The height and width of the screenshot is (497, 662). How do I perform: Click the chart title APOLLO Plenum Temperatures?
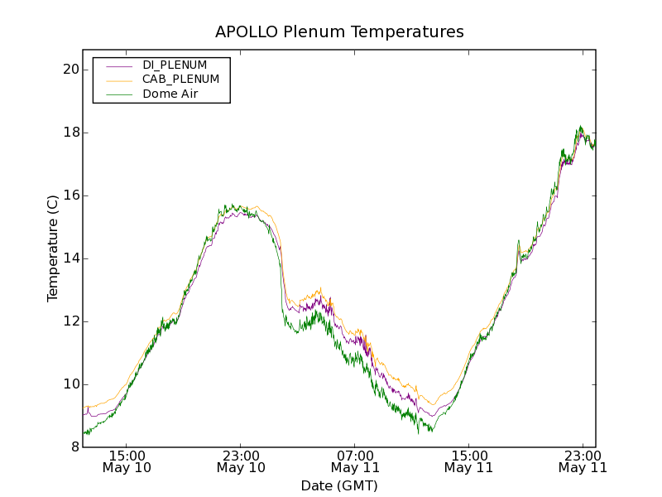point(339,32)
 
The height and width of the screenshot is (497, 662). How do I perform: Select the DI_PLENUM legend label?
point(175,65)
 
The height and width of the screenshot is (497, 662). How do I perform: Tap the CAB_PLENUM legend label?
point(180,80)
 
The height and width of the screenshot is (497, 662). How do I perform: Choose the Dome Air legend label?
point(170,94)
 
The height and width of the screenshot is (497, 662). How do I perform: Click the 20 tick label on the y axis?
point(70,70)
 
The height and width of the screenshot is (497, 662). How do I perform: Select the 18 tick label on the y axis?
point(70,133)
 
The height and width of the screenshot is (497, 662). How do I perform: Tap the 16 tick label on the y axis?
point(70,195)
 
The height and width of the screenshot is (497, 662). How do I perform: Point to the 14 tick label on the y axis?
point(70,258)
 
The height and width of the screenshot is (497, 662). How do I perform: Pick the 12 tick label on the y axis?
point(70,321)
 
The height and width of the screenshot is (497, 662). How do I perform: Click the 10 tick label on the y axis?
point(70,384)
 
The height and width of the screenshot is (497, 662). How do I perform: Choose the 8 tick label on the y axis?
point(74,447)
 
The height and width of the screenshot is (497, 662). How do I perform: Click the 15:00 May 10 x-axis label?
point(127,461)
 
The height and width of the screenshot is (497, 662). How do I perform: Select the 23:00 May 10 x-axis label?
point(241,461)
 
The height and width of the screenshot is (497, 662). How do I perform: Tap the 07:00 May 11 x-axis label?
point(355,461)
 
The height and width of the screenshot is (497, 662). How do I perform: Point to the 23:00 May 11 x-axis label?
point(583,461)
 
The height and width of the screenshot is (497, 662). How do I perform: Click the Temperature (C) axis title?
point(53,248)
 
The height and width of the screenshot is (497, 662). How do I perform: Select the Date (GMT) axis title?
point(339,485)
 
